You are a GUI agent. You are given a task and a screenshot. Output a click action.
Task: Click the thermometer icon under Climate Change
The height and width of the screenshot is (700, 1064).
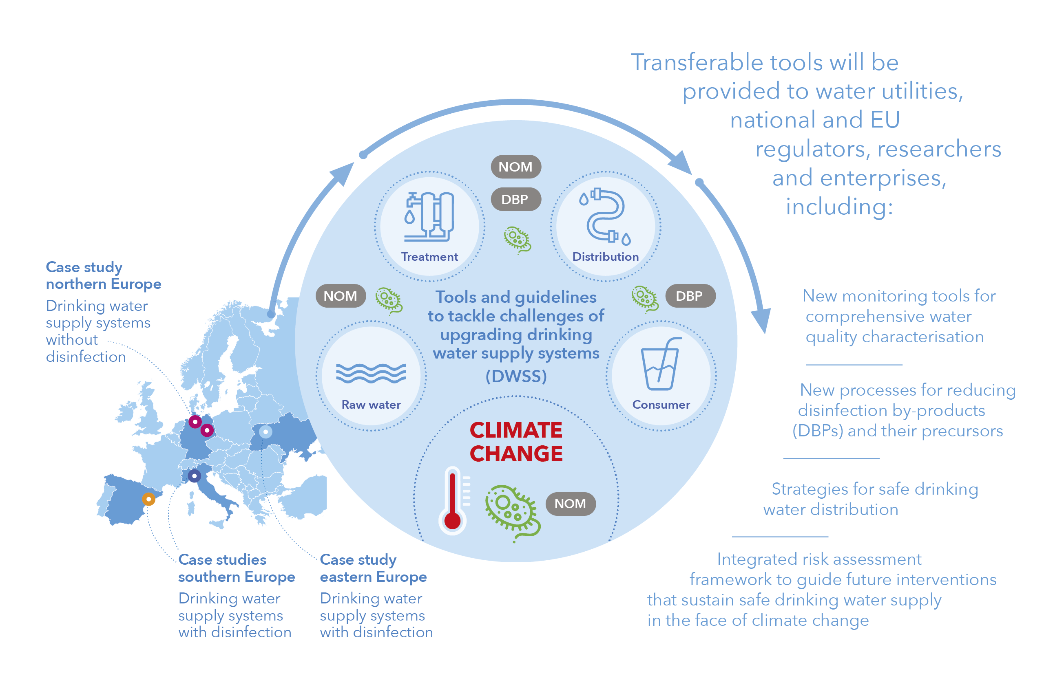tap(452, 500)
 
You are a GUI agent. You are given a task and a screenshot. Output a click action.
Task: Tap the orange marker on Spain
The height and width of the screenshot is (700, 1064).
tap(148, 499)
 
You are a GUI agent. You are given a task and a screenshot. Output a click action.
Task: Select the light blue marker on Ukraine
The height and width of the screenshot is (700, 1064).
tap(265, 432)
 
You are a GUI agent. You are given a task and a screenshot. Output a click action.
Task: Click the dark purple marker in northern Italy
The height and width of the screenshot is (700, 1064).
tap(194, 476)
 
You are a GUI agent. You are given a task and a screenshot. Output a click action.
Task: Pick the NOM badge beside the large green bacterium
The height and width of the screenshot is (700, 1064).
tap(571, 504)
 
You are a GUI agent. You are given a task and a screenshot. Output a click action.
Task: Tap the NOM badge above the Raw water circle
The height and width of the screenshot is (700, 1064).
tap(341, 296)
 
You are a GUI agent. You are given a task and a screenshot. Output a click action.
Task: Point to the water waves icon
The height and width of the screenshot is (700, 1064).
tap(371, 374)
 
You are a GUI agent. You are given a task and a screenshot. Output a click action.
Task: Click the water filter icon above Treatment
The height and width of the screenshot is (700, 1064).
tap(429, 217)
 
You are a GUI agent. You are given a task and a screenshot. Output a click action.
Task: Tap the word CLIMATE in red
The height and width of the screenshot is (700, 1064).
tap(516, 431)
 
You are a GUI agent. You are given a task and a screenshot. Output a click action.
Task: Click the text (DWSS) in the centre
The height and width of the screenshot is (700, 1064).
tap(516, 376)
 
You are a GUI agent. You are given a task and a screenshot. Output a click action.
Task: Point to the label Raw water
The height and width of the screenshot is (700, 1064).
tap(371, 405)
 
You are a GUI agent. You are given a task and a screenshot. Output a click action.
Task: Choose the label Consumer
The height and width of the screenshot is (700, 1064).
tap(661, 405)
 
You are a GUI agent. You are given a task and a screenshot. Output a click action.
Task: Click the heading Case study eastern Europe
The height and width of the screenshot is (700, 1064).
tap(373, 568)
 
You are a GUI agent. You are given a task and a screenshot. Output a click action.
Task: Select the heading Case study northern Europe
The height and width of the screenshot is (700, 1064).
tap(104, 275)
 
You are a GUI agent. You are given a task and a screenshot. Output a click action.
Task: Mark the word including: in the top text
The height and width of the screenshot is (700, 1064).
tap(839, 207)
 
